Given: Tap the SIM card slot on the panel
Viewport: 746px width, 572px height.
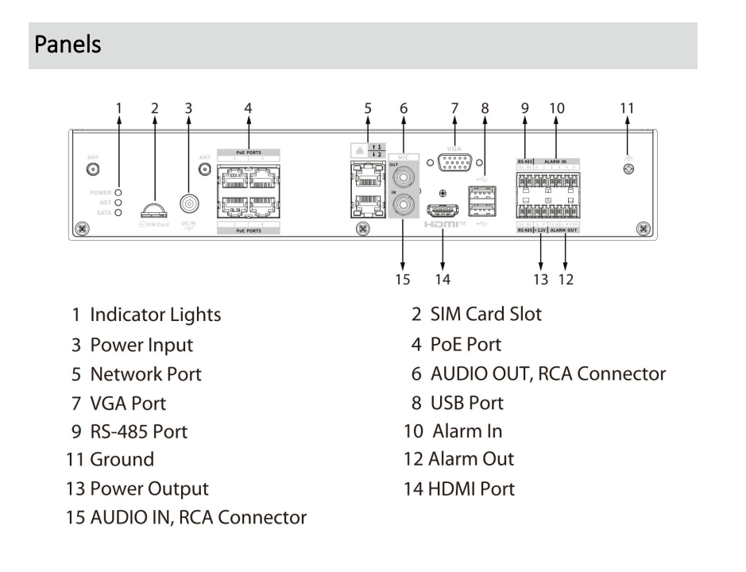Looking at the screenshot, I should [x=155, y=211].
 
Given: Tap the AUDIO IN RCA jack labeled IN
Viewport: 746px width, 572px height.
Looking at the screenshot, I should [x=403, y=207].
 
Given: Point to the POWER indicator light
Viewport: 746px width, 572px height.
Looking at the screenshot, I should [x=118, y=192].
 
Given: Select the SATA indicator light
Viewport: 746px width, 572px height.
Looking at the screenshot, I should [x=118, y=212].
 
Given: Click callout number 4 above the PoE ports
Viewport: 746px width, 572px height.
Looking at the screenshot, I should [x=248, y=108].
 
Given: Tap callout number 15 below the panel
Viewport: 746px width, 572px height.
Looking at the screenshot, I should [x=403, y=279].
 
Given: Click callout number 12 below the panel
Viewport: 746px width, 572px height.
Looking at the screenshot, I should [x=566, y=279].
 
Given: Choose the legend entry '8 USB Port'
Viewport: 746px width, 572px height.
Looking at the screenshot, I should [x=457, y=403].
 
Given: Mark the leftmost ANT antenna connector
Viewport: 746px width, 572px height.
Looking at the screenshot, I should [x=92, y=169].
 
